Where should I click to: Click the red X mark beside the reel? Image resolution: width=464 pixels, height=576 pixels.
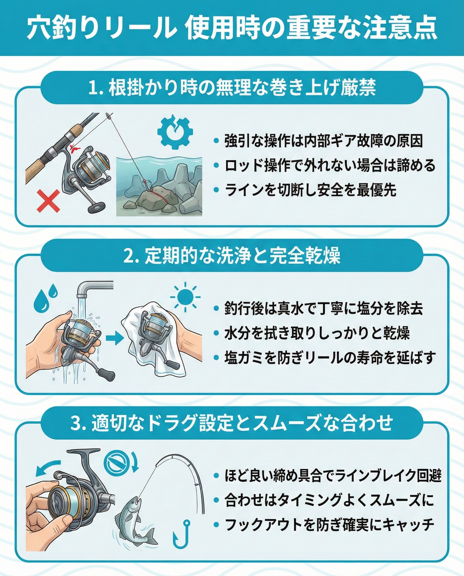(x=48, y=201)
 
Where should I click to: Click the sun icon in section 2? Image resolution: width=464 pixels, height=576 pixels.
(x=185, y=297)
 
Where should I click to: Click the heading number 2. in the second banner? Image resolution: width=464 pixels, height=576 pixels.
(x=131, y=255)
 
